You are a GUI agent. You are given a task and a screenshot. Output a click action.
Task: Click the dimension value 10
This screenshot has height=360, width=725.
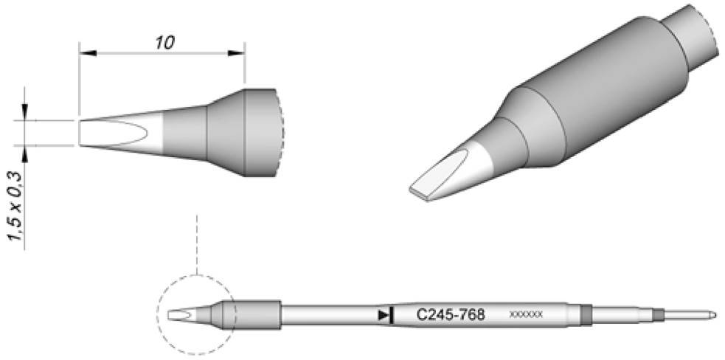pyautogui.click(x=164, y=41)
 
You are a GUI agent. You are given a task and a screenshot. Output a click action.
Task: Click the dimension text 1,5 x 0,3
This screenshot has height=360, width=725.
pyautogui.click(x=14, y=204)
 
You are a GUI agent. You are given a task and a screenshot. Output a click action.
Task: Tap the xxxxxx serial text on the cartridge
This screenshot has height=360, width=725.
pyautogui.click(x=526, y=315)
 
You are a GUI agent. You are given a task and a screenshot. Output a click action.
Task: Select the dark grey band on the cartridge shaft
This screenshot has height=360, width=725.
pyautogui.click(x=586, y=315)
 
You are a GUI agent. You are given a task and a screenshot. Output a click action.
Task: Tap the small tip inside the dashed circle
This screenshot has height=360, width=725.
pyautogui.click(x=181, y=316)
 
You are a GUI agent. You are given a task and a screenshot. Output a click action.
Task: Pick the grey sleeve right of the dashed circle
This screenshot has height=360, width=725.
pyautogui.click(x=258, y=315)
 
